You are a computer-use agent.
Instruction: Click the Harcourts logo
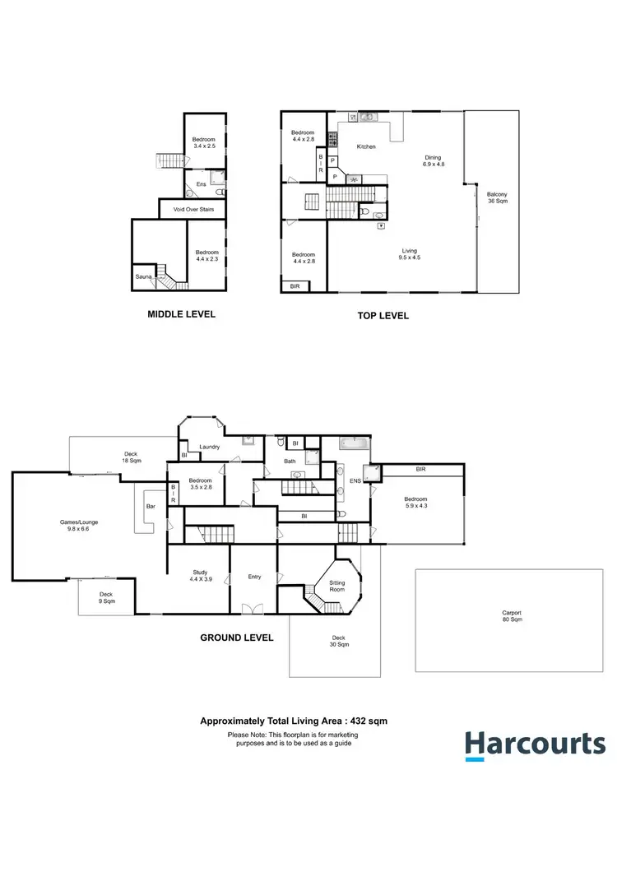(x=535, y=744)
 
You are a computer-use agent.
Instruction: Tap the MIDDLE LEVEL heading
(x=181, y=314)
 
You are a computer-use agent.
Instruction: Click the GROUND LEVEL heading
(x=237, y=638)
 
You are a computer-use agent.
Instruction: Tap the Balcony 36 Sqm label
(x=497, y=197)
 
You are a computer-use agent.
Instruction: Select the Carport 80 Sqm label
(x=512, y=616)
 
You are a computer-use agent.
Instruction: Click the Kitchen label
(x=365, y=146)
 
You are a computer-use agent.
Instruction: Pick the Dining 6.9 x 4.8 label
(x=434, y=161)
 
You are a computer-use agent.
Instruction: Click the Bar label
(x=150, y=507)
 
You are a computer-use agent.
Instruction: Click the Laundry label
(x=209, y=447)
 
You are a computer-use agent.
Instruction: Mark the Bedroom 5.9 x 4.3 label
(x=415, y=502)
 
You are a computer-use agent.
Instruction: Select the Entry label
(x=254, y=577)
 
